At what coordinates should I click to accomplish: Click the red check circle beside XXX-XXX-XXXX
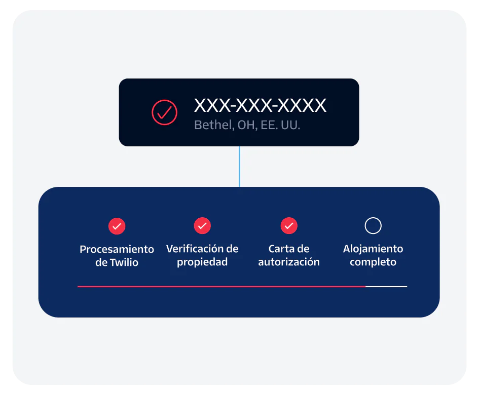[x=165, y=112]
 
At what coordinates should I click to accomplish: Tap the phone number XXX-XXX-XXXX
[x=260, y=105]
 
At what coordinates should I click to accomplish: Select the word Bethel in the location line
[x=212, y=125]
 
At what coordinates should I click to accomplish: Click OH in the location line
[x=246, y=125]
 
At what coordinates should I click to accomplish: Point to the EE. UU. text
[x=281, y=125]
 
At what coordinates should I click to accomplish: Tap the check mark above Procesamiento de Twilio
[x=117, y=226]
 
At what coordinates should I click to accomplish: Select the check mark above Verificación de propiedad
[x=202, y=226]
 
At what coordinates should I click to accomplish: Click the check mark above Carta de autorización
[x=289, y=226]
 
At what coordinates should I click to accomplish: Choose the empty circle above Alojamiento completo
[x=373, y=226]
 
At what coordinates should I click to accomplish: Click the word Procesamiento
[x=117, y=249]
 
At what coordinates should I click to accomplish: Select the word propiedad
[x=202, y=262]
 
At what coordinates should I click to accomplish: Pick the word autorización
[x=289, y=262]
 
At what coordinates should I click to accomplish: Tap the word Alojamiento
[x=373, y=249]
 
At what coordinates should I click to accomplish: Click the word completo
[x=373, y=262]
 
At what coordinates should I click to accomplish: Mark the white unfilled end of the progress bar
[x=386, y=287]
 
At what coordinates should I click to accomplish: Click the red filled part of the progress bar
[x=221, y=287]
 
